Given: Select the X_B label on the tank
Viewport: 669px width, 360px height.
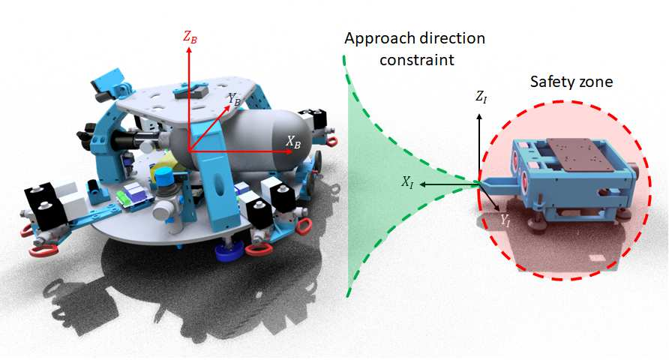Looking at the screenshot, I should (293, 141).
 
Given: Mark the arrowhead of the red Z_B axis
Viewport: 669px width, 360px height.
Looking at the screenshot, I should (188, 50).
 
